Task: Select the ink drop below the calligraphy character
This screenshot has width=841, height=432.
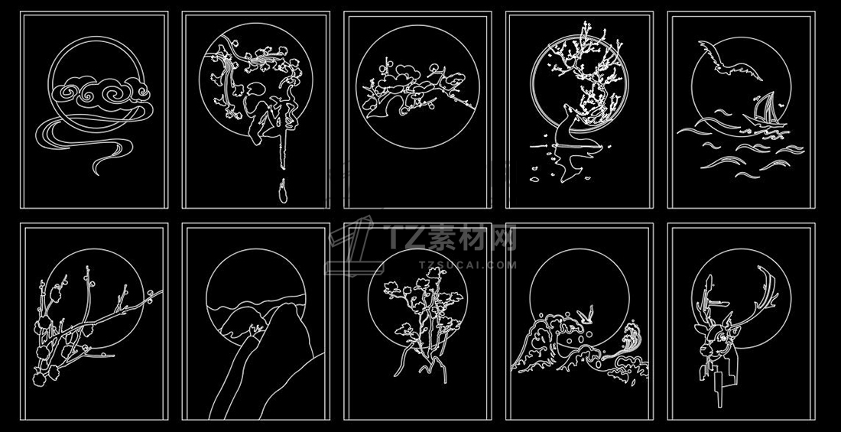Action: pyautogui.click(x=283, y=192)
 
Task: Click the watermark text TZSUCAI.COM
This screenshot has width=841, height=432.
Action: pyautogui.click(x=466, y=265)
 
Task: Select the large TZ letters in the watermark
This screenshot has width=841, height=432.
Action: pyautogui.click(x=405, y=237)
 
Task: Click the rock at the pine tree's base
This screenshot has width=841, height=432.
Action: pyautogui.click(x=427, y=365)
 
